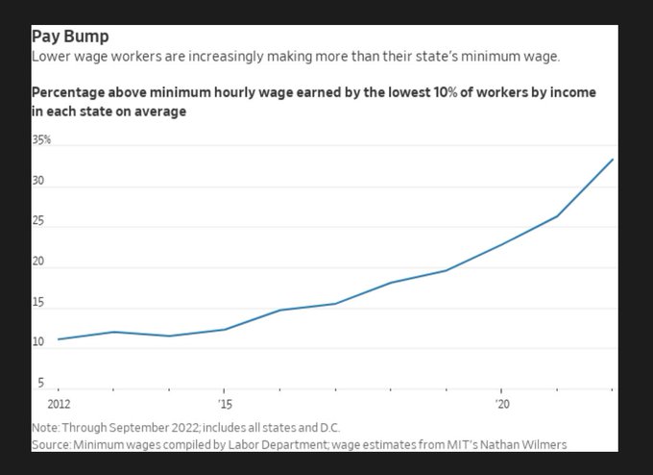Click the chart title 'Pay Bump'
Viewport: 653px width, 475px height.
point(70,37)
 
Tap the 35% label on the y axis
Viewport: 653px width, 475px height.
point(41,139)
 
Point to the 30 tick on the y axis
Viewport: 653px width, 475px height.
point(39,181)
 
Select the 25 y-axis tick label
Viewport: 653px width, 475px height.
point(39,222)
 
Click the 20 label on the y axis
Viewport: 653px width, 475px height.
point(39,262)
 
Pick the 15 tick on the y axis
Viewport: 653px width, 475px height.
point(39,303)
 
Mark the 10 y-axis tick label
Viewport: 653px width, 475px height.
point(39,343)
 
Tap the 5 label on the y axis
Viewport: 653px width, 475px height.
point(40,383)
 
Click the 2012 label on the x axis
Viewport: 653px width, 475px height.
point(59,405)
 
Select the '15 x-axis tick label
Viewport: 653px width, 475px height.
point(225,405)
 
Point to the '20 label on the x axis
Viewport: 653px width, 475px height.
point(501,405)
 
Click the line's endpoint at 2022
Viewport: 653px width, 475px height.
point(613,160)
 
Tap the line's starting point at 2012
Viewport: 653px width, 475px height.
point(59,339)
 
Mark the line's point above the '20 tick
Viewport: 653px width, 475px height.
point(501,243)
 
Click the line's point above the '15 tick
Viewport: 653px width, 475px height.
point(225,330)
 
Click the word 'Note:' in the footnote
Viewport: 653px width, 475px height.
point(45,427)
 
